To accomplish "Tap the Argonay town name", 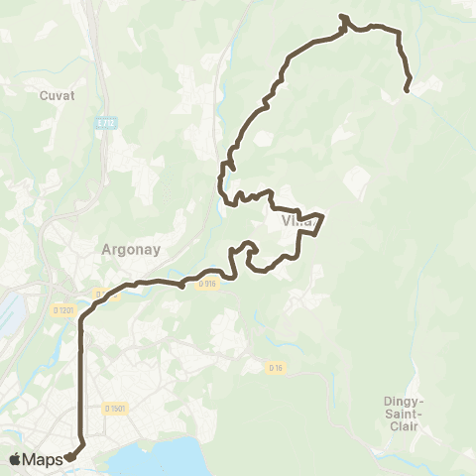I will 125,250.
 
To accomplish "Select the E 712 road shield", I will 106,123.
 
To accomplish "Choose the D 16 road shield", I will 276,367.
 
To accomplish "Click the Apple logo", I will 16,458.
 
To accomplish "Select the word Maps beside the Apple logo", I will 45,458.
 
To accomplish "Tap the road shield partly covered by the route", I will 100,293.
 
